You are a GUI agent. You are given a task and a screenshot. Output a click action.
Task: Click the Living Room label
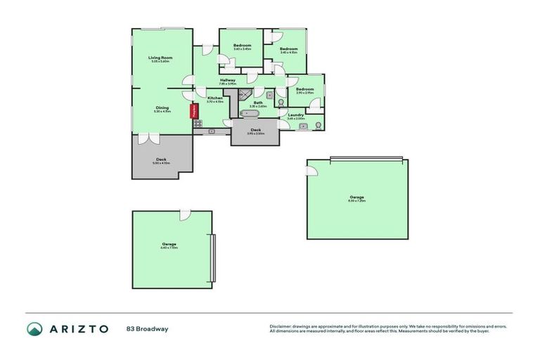click(x=160, y=58)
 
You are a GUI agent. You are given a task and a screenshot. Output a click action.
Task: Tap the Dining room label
click(x=162, y=108)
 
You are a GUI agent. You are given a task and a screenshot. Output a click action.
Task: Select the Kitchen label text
click(x=214, y=98)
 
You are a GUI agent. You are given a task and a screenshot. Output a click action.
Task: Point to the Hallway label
click(x=227, y=80)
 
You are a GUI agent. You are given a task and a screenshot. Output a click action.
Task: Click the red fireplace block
click(x=191, y=112)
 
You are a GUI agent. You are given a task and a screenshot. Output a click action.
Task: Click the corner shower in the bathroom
click(x=244, y=94)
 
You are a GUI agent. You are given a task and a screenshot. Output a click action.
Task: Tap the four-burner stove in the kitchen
click(x=198, y=123)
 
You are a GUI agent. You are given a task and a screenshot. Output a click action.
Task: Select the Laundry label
click(x=296, y=115)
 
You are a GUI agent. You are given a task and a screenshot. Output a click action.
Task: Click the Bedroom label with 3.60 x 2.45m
click(x=242, y=46)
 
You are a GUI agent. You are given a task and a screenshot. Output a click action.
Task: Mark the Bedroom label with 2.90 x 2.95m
click(x=304, y=89)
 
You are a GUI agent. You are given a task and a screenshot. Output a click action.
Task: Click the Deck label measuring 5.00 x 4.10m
click(x=161, y=160)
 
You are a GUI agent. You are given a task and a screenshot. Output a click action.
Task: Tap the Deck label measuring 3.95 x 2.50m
click(x=256, y=130)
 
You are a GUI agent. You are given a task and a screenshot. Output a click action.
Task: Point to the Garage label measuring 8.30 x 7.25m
click(x=357, y=197)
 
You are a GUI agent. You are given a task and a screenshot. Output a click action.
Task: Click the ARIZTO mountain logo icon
click(x=35, y=328)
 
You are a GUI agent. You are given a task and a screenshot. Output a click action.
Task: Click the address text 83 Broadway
click(x=148, y=328)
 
